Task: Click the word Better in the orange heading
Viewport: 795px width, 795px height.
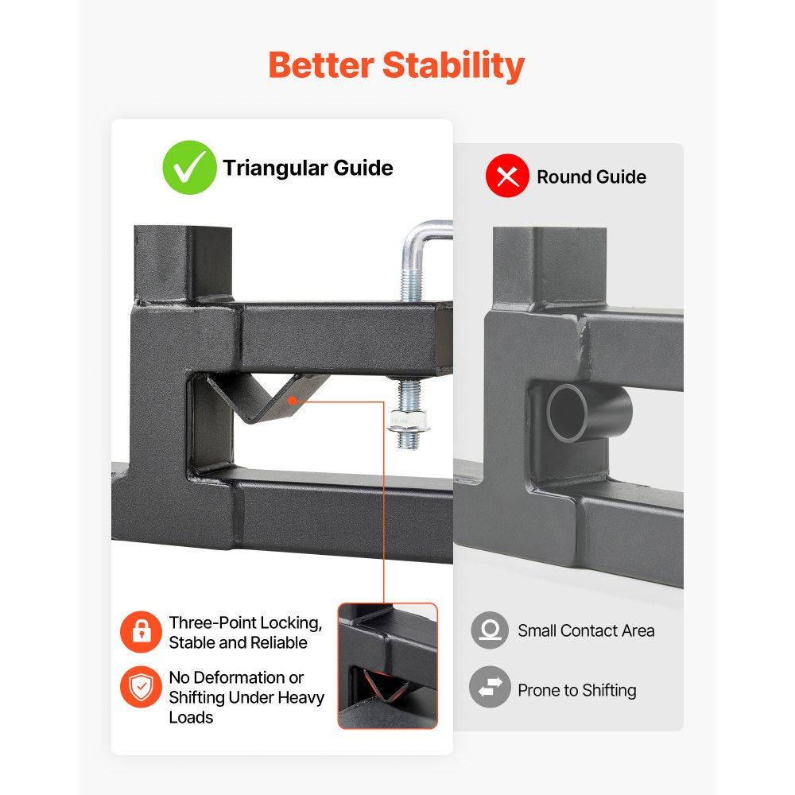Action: pyautogui.click(x=321, y=65)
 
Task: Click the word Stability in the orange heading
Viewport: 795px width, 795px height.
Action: pyautogui.click(x=453, y=67)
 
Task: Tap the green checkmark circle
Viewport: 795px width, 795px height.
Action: pyautogui.click(x=190, y=167)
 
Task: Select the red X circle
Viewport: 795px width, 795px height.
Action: pyautogui.click(x=507, y=176)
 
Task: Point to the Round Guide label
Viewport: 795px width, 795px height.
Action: pyautogui.click(x=591, y=176)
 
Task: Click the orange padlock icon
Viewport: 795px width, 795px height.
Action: pyautogui.click(x=141, y=632)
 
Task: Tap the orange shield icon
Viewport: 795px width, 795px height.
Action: pyautogui.click(x=141, y=687)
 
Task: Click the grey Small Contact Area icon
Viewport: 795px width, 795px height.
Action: pyautogui.click(x=490, y=630)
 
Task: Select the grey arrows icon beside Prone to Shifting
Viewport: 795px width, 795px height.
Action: pyautogui.click(x=490, y=687)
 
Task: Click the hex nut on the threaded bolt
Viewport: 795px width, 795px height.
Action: pyautogui.click(x=409, y=421)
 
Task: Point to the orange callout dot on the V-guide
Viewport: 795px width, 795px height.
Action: pyautogui.click(x=292, y=401)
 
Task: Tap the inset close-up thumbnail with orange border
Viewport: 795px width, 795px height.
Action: pyautogui.click(x=387, y=665)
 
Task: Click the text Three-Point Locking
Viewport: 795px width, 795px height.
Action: pyautogui.click(x=246, y=623)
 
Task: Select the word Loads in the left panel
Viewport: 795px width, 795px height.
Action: pyautogui.click(x=191, y=717)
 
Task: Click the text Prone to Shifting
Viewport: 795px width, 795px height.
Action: pyautogui.click(x=577, y=690)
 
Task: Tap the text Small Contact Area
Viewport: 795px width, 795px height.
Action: pyautogui.click(x=586, y=630)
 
